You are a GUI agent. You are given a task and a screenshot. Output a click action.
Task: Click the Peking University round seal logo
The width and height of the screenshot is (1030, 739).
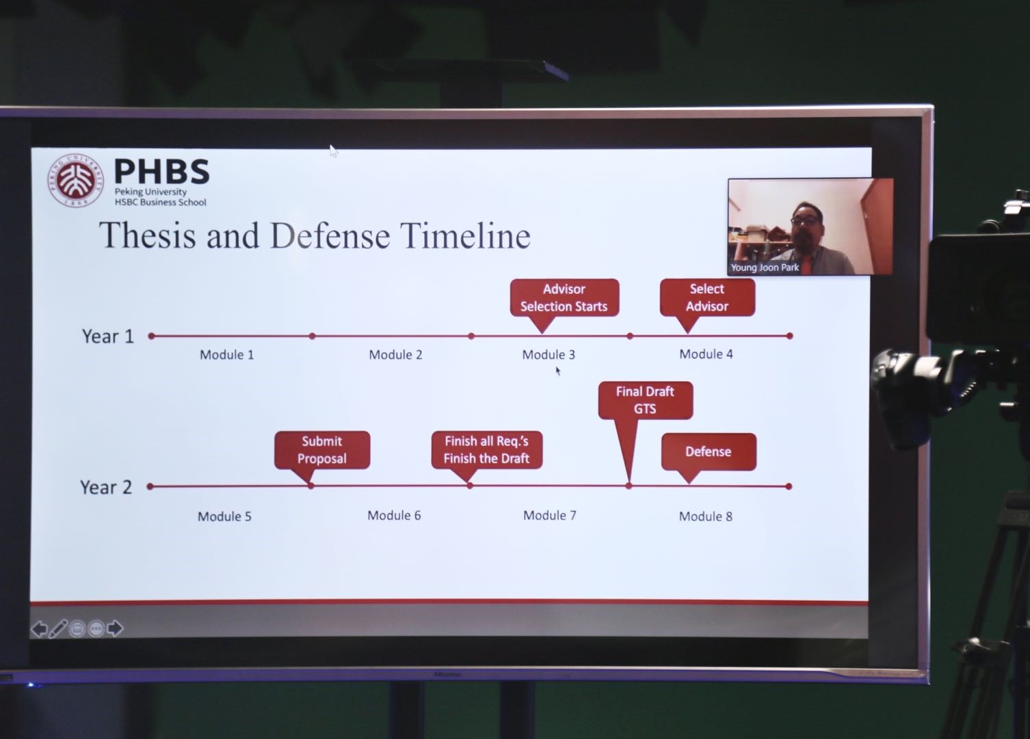75,181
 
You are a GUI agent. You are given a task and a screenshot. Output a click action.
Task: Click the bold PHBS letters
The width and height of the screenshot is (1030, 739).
162,171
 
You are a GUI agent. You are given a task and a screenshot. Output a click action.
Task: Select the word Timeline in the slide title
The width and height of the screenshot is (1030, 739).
465,235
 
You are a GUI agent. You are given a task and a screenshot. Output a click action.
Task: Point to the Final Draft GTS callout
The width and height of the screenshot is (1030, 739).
645,400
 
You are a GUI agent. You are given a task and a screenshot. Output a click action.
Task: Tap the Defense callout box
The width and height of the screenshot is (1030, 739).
709,452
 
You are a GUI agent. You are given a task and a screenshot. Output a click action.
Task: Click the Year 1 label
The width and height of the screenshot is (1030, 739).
107,337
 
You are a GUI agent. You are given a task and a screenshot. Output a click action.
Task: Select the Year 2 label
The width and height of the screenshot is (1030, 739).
106,487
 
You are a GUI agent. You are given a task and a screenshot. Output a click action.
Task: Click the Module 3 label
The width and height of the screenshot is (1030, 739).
549,354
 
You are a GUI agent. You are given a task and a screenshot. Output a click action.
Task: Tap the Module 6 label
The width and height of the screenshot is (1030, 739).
394,515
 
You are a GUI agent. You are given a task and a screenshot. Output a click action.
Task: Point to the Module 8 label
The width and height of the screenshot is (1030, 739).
706,517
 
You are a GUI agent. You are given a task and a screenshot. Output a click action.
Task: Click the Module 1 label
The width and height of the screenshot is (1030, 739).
226,354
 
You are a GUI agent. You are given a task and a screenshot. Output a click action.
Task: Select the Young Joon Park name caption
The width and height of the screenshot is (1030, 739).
765,268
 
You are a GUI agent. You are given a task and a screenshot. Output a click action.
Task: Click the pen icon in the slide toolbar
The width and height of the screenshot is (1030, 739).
58,629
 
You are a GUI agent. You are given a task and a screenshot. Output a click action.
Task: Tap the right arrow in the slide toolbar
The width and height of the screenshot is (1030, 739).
115,628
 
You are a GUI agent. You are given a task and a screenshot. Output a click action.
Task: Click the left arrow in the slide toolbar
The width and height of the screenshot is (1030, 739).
39,629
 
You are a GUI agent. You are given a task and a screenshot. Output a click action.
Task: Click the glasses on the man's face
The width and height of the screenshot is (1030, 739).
806,220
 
